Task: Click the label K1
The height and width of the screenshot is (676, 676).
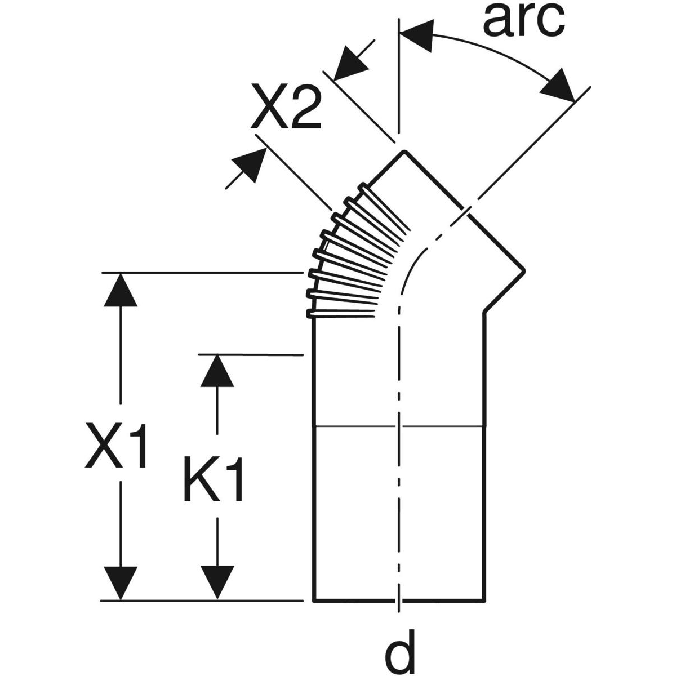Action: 214,479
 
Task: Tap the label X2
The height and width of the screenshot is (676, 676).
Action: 286,108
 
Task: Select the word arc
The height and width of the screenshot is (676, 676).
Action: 523,20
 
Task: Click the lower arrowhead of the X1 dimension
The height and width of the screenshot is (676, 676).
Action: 121,584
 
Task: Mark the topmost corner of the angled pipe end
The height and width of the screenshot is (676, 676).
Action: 403,152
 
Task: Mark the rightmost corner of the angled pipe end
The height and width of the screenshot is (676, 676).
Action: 524,272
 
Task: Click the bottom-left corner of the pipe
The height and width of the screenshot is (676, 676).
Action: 313,601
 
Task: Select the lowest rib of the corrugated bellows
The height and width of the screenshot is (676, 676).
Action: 341,313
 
